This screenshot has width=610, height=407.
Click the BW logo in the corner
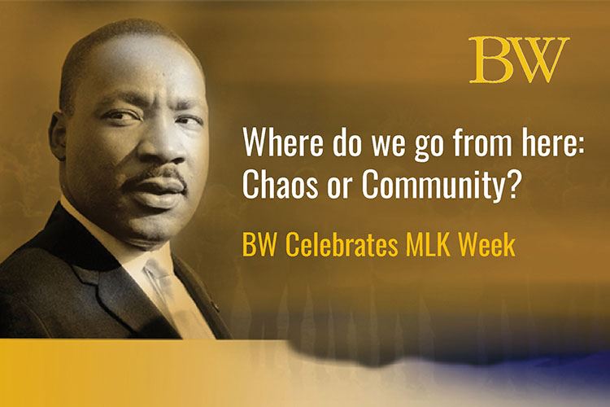coord(519,60)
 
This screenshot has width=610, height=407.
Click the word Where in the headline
coord(281,146)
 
